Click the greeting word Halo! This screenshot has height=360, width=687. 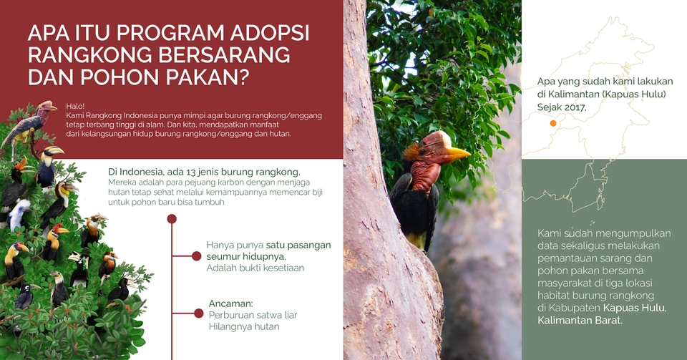pyautogui.click(x=74, y=105)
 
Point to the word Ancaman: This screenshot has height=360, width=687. pyautogui.click(x=230, y=303)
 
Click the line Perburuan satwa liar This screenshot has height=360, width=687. pyautogui.click(x=253, y=315)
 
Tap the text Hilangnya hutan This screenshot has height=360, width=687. pyautogui.click(x=243, y=326)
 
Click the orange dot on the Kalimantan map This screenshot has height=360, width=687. pyautogui.click(x=553, y=124)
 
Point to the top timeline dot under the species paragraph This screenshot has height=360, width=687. pyautogui.click(x=171, y=219)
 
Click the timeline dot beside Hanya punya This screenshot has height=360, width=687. pyautogui.click(x=196, y=256)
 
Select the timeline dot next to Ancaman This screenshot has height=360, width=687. pyautogui.click(x=199, y=313)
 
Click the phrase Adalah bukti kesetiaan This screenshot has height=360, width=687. pyautogui.click(x=255, y=268)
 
